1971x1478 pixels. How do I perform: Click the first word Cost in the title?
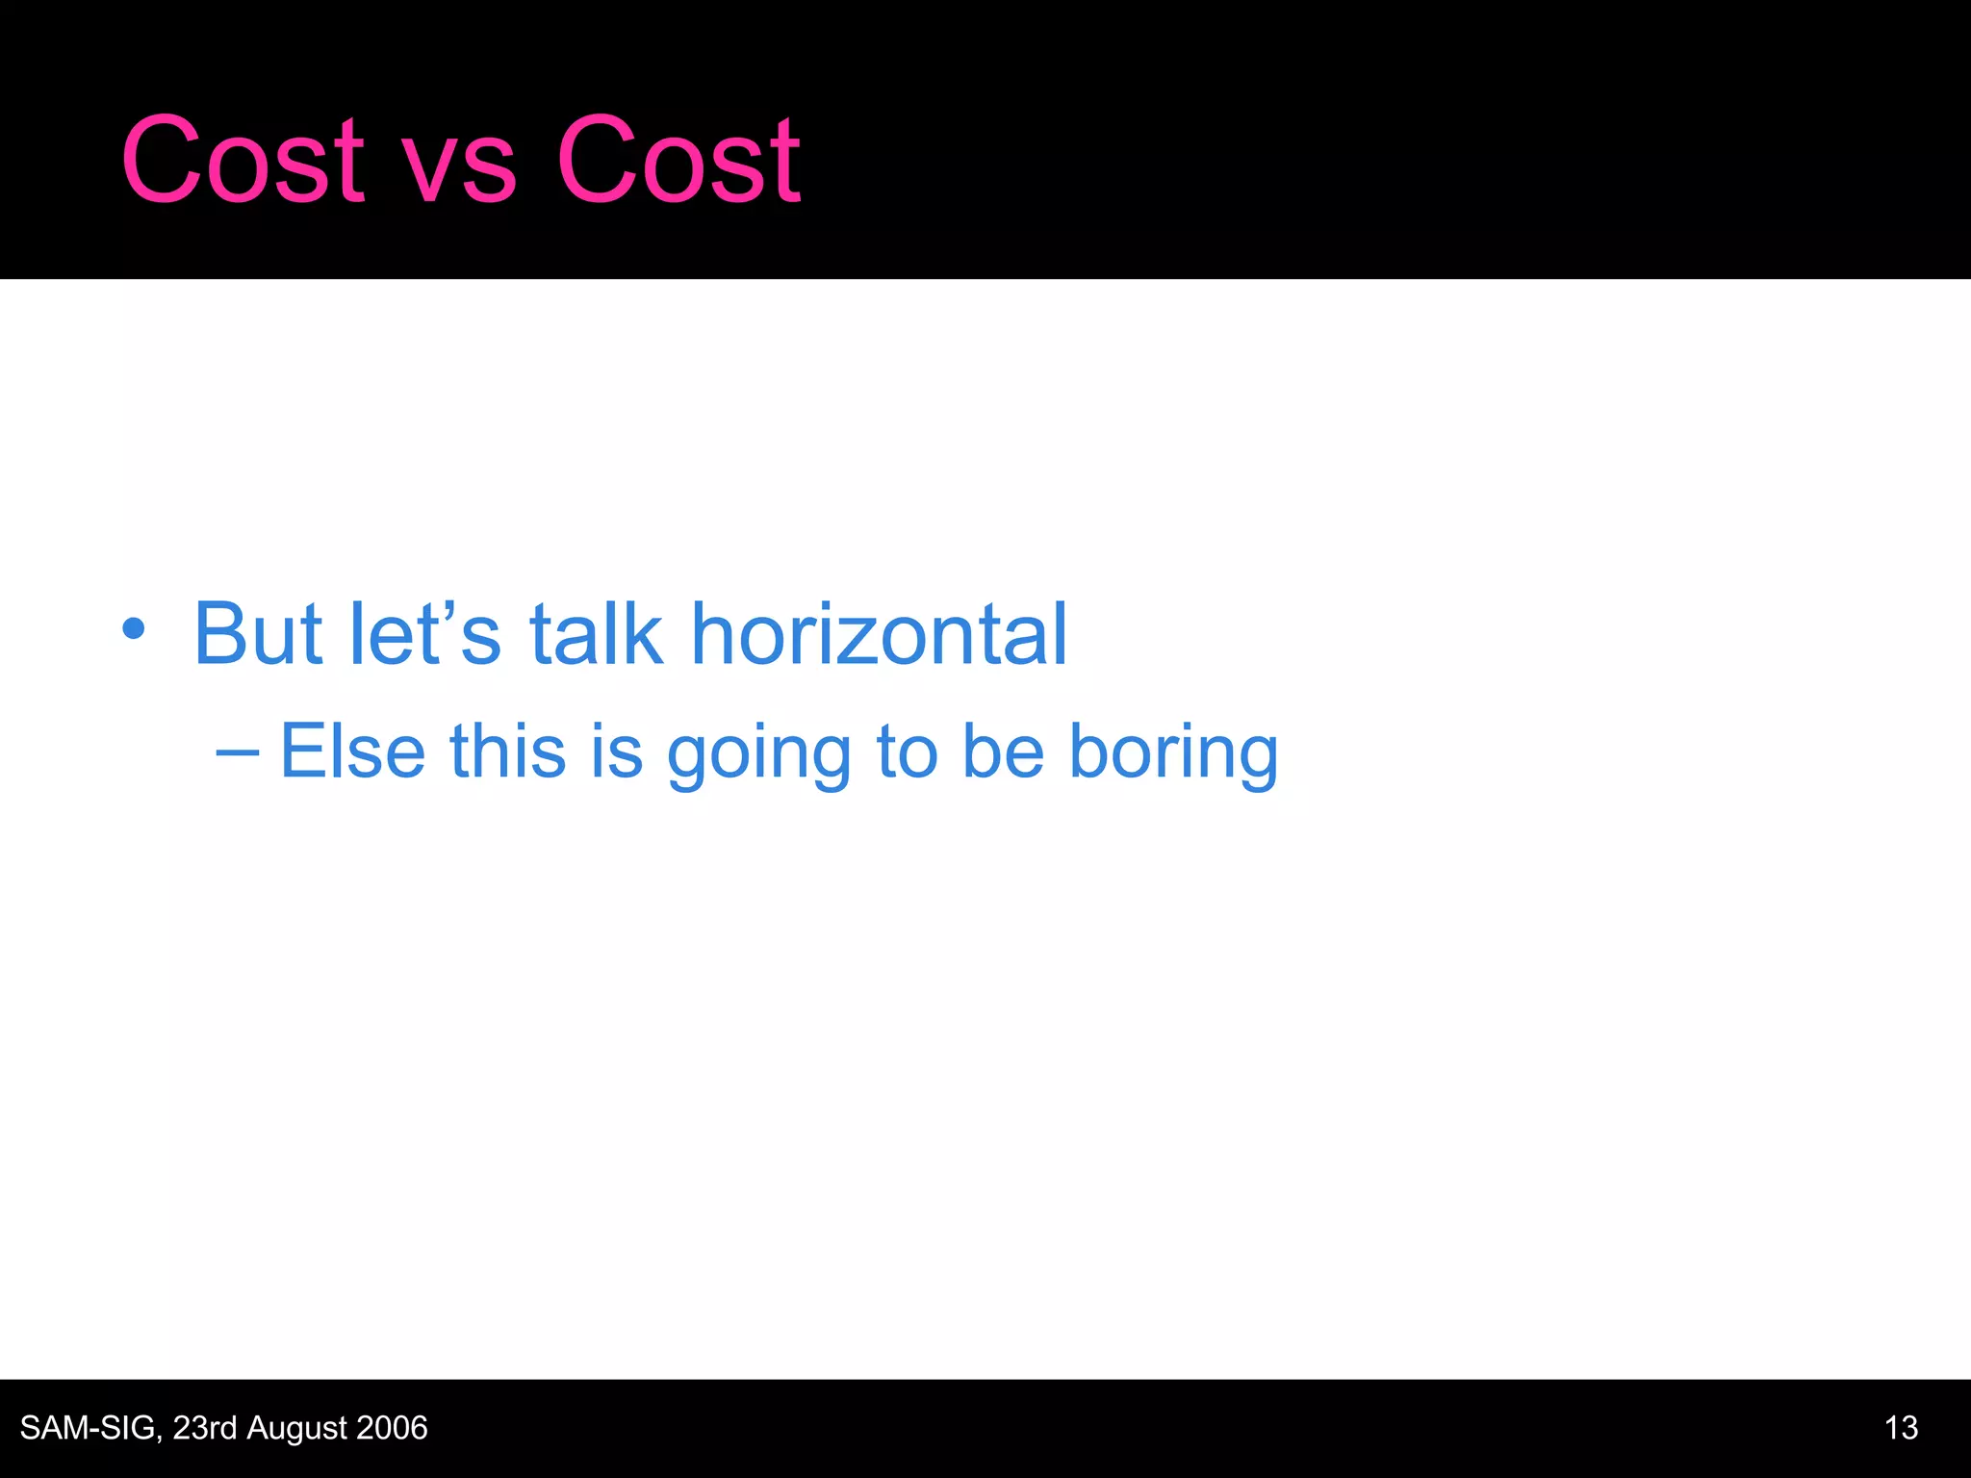click(x=243, y=161)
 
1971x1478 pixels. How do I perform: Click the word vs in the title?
click(x=459, y=168)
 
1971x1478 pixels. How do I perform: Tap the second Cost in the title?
click(x=678, y=161)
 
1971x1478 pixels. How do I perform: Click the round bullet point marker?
click(x=134, y=630)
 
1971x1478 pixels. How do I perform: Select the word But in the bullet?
click(x=257, y=634)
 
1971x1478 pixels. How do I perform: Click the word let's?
click(x=424, y=634)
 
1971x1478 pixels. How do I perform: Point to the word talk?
click(x=596, y=634)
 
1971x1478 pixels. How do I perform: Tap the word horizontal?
click(x=880, y=634)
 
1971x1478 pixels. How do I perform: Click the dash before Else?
click(x=237, y=752)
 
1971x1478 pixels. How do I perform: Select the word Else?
click(x=352, y=751)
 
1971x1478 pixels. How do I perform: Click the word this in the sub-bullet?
click(x=507, y=751)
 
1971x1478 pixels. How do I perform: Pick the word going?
click(x=759, y=755)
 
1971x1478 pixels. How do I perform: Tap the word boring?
click(x=1173, y=755)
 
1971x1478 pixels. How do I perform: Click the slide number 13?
click(x=1901, y=1428)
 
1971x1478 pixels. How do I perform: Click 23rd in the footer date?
click(x=204, y=1428)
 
